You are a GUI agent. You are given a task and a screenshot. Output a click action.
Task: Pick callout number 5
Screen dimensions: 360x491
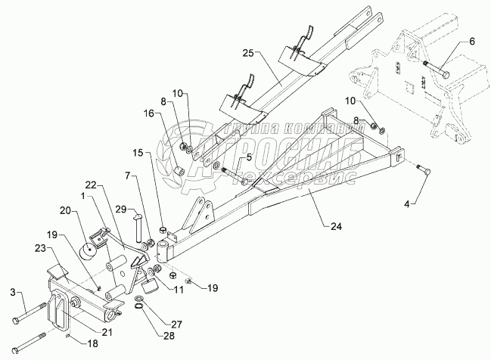pyautogui.click(x=247, y=158)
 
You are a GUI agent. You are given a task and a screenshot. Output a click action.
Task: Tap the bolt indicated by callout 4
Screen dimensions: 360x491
pyautogui.click(x=424, y=172)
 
